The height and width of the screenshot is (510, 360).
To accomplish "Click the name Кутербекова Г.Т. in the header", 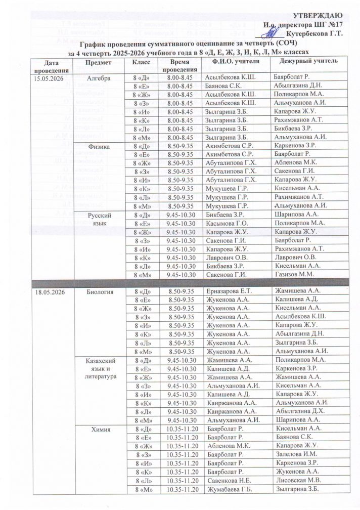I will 318,33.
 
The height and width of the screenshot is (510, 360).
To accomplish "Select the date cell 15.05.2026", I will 48,79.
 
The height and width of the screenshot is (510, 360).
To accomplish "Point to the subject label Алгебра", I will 98,79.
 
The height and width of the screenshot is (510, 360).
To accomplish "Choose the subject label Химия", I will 98,430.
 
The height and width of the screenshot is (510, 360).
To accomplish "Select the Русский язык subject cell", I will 98,219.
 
